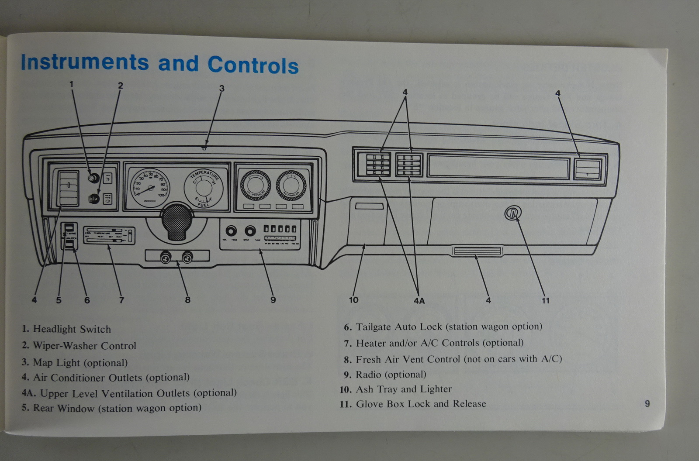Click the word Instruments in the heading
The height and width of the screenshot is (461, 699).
pyautogui.click(x=85, y=62)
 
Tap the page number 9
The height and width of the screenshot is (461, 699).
pyautogui.click(x=647, y=404)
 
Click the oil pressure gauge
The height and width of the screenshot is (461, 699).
pyautogui.click(x=256, y=185)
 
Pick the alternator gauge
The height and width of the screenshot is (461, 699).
pyautogui.click(x=291, y=185)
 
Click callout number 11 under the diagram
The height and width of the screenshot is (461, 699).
pyautogui.click(x=545, y=300)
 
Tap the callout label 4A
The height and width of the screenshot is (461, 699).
pyautogui.click(x=419, y=301)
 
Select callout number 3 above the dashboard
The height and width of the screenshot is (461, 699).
pyautogui.click(x=221, y=89)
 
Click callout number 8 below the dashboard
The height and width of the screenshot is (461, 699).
pyautogui.click(x=187, y=300)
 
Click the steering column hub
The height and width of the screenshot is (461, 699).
pyautogui.click(x=176, y=221)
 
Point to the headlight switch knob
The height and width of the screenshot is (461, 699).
pyautogui.click(x=93, y=178)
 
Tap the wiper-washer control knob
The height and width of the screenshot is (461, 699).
pyautogui.click(x=93, y=199)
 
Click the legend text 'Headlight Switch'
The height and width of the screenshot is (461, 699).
pyautogui.click(x=72, y=329)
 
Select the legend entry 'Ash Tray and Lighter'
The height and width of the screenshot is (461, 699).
pyautogui.click(x=403, y=389)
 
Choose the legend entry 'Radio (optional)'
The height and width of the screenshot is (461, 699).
pyautogui.click(x=391, y=375)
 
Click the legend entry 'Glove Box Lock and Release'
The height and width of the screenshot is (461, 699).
pyautogui.click(x=421, y=404)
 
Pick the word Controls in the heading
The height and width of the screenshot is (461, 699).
pyautogui.click(x=253, y=65)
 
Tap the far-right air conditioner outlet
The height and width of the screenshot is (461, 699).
pyautogui.click(x=588, y=169)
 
